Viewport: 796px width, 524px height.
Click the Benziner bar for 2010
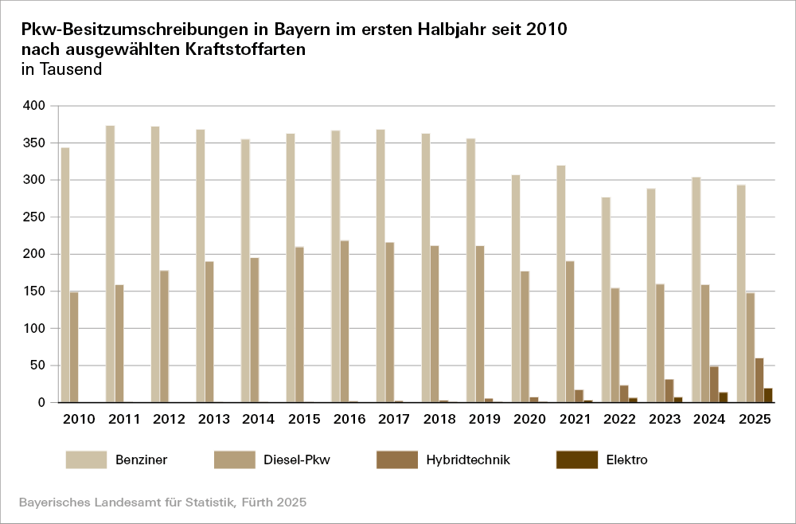pyautogui.click(x=65, y=275)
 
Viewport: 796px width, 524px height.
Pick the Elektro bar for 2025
pyautogui.click(x=768, y=395)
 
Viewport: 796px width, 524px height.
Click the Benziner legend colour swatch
pyautogui.click(x=86, y=459)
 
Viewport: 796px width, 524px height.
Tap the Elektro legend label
pyautogui.click(x=626, y=459)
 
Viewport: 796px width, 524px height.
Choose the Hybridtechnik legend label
pyautogui.click(x=467, y=459)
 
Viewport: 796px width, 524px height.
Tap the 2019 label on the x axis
pyautogui.click(x=485, y=419)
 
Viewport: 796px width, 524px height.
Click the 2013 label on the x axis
pyautogui.click(x=214, y=419)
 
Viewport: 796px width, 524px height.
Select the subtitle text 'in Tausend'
pyautogui.click(x=61, y=69)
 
